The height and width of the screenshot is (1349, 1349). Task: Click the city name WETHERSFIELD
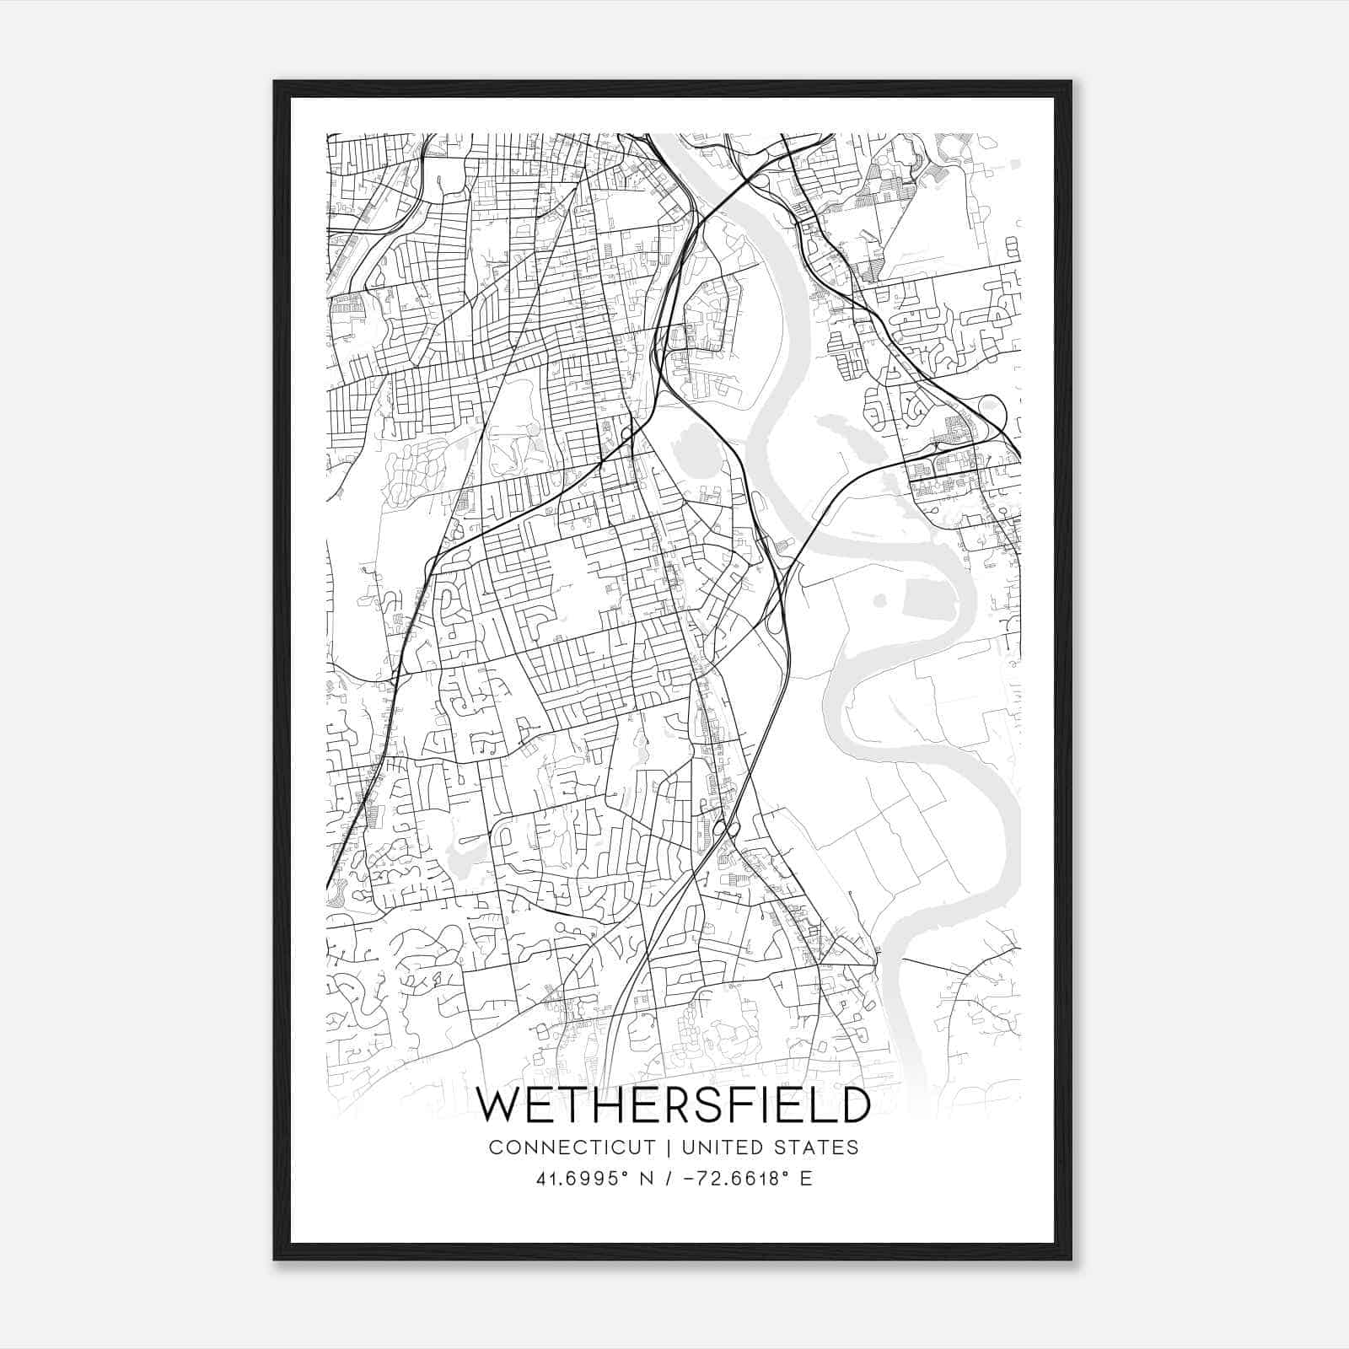tap(672, 1105)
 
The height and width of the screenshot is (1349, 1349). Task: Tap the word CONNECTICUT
tap(572, 1147)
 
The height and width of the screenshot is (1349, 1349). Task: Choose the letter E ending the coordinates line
tap(807, 1179)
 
